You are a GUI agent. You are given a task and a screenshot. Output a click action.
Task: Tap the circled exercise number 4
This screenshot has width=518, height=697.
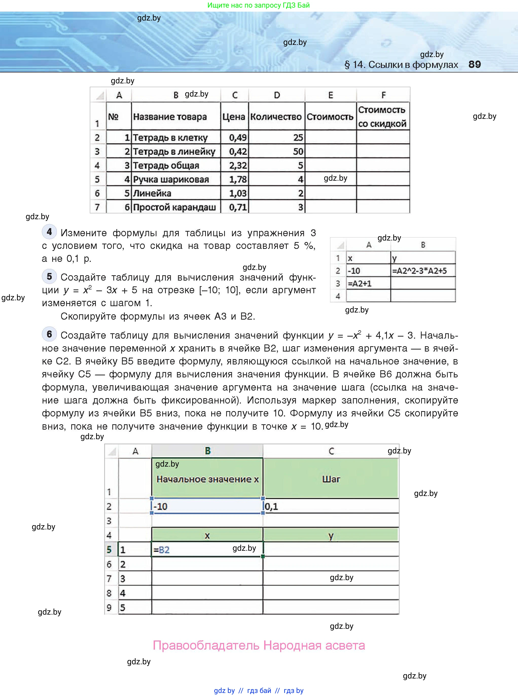[x=49, y=232]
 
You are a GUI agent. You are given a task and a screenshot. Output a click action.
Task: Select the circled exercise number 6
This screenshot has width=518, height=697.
[x=49, y=334]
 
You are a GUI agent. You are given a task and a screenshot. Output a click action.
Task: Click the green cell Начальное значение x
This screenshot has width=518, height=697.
[x=207, y=479]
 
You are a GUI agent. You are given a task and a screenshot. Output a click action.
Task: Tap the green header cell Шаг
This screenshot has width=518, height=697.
[x=331, y=479]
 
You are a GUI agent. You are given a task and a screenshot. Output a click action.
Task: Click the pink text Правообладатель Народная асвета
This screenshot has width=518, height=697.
[x=259, y=645]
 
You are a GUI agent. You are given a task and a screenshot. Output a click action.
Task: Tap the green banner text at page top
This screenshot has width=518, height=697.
[x=258, y=5]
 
